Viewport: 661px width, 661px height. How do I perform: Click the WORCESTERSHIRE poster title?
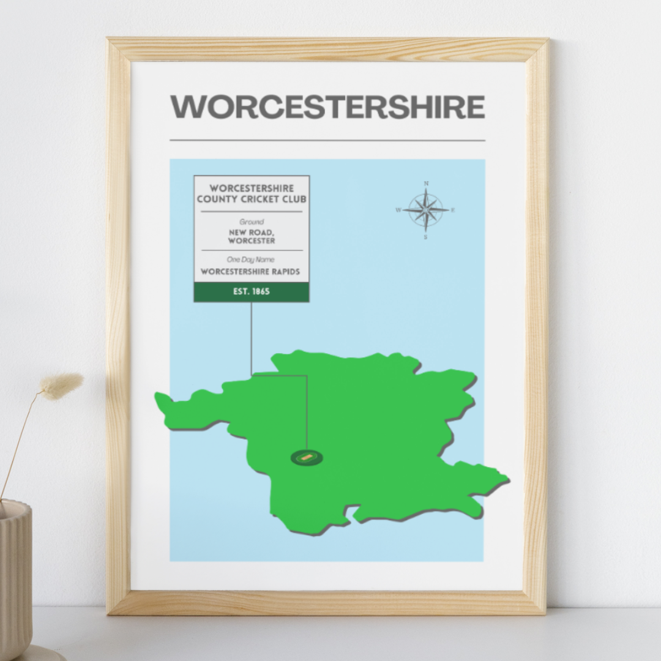click(327, 107)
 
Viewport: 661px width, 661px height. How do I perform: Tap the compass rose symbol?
click(426, 209)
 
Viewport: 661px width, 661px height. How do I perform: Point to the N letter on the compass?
click(426, 183)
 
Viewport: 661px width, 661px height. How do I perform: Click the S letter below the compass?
click(426, 237)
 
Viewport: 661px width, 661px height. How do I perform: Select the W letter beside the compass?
click(398, 210)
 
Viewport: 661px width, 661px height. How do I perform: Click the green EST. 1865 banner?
click(252, 292)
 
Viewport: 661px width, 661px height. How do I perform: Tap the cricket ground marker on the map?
click(307, 457)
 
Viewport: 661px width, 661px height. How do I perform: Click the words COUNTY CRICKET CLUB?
click(252, 199)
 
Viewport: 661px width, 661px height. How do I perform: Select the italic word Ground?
click(252, 222)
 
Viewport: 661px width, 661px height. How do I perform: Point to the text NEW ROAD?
click(252, 233)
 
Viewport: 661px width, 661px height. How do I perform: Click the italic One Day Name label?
click(251, 260)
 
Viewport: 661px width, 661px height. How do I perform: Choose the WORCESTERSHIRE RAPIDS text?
click(251, 271)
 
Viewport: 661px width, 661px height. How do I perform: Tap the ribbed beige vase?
click(15, 575)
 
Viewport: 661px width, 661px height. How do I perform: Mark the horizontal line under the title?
click(327, 140)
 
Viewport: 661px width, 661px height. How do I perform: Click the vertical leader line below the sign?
click(251, 337)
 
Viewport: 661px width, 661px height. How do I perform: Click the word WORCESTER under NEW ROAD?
click(252, 241)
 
